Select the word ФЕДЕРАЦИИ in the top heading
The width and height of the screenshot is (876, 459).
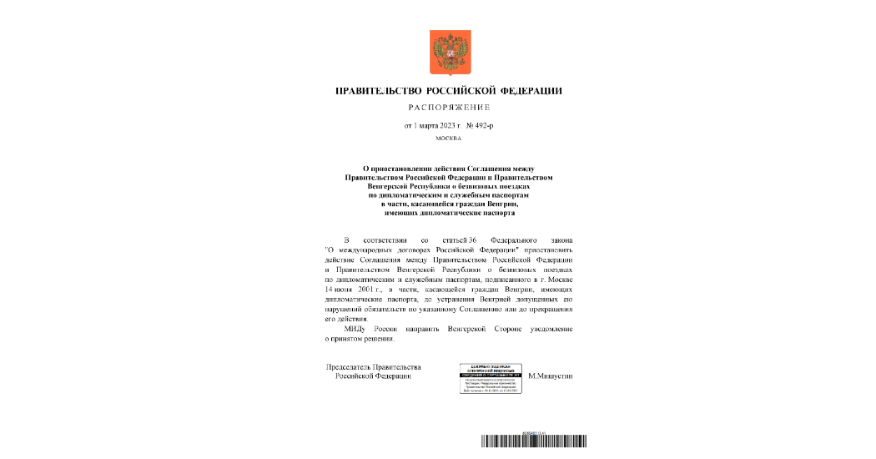tap(531, 90)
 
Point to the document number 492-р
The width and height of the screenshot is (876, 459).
tap(483, 126)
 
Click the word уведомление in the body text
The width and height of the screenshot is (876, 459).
tap(546, 329)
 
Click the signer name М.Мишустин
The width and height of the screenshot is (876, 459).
tap(551, 376)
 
